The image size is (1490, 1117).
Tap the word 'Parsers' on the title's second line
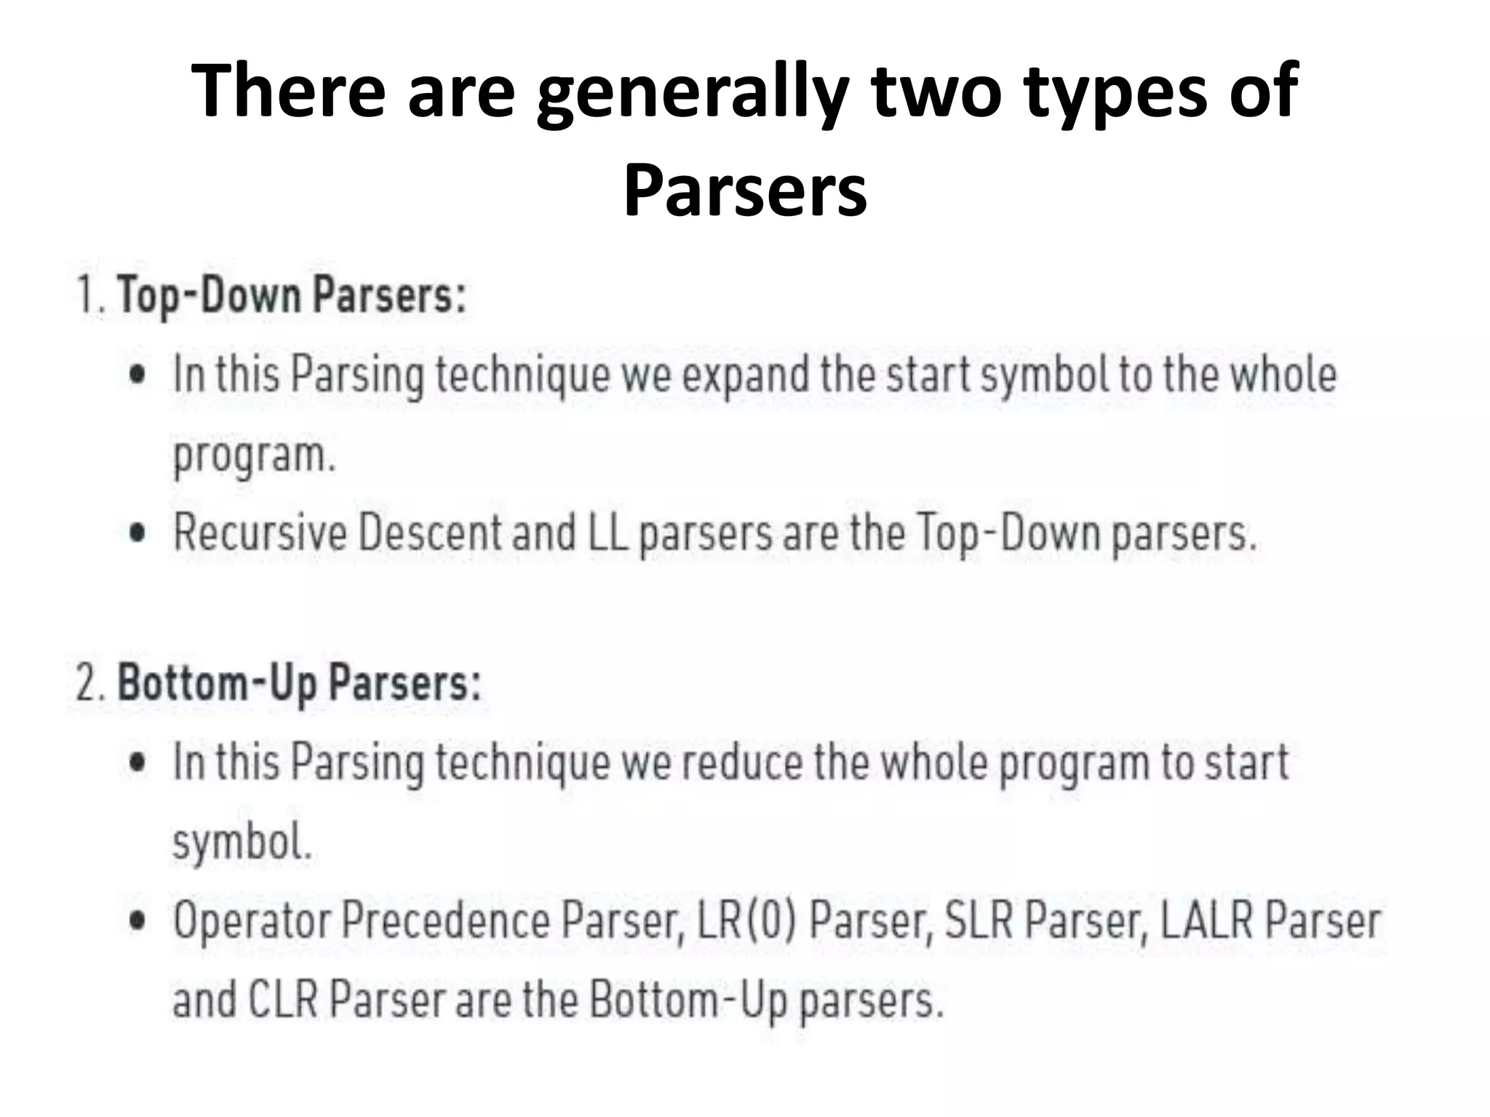point(745,191)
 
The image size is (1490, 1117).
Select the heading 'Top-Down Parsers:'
point(292,297)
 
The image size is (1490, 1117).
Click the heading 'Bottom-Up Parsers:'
point(299,684)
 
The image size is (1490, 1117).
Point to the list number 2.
point(90,684)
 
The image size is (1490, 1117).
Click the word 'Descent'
point(429,533)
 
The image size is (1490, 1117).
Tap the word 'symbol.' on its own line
point(242,843)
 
